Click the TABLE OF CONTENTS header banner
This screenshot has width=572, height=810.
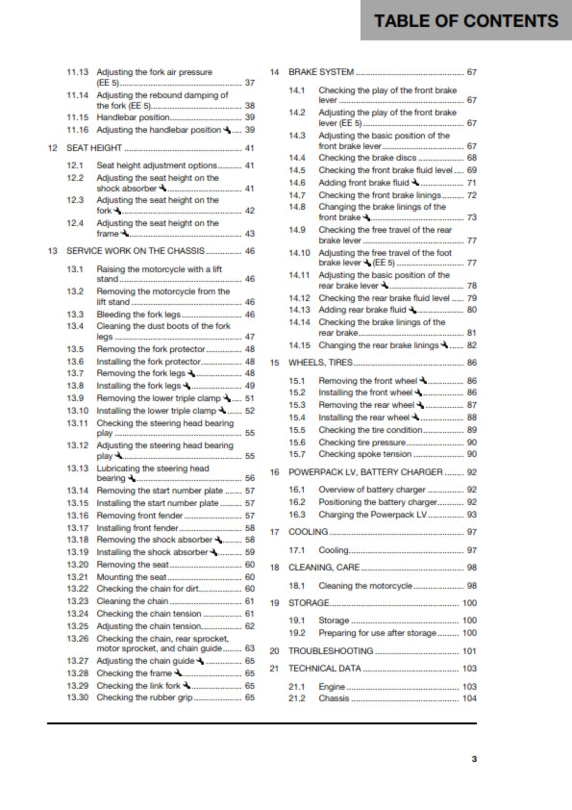pyautogui.click(x=465, y=21)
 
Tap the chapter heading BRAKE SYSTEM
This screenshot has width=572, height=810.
pyautogui.click(x=321, y=72)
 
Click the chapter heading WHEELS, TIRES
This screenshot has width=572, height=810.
pyautogui.click(x=320, y=363)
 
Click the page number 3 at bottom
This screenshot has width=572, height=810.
pyautogui.click(x=473, y=759)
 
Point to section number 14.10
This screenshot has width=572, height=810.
pyautogui.click(x=300, y=252)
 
